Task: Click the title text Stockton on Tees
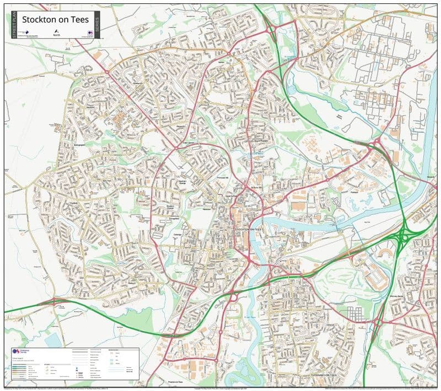click(55, 20)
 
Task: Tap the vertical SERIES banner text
click(97, 26)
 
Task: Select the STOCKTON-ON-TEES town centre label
click(250, 229)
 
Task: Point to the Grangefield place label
click(170, 218)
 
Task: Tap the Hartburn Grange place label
click(185, 182)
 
